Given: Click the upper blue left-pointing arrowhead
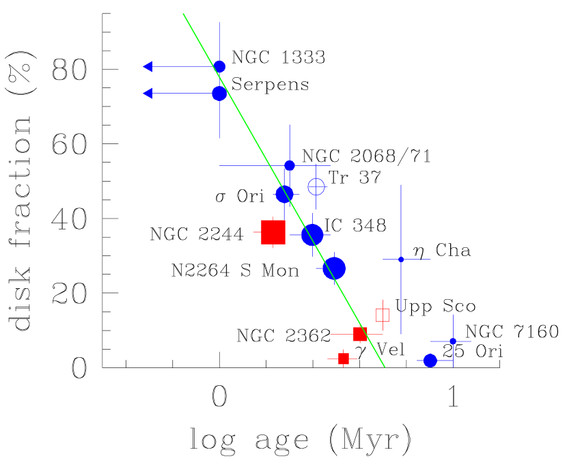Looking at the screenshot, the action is [147, 66].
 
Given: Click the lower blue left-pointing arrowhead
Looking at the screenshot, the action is [147, 93].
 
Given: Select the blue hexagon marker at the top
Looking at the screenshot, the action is [219, 66].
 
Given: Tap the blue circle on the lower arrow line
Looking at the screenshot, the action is [219, 93].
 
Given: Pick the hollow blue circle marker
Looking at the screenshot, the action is [316, 186].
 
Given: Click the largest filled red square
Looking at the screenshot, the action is [273, 232].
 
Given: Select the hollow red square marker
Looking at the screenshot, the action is [383, 315].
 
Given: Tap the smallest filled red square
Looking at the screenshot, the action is [344, 359].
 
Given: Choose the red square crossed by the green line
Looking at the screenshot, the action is [360, 334].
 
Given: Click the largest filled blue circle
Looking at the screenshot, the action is [334, 268].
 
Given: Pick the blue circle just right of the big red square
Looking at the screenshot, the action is [312, 235].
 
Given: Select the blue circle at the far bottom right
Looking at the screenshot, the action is [430, 361].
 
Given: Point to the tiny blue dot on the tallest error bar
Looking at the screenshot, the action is [401, 259].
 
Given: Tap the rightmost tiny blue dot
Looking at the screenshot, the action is [453, 341].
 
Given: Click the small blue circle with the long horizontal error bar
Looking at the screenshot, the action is [290, 165].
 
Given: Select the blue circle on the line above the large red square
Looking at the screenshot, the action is [284, 195].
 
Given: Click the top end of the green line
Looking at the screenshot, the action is [183, 14].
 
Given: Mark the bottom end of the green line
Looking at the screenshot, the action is [385, 367].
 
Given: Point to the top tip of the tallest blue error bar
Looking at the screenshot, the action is [401, 184].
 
